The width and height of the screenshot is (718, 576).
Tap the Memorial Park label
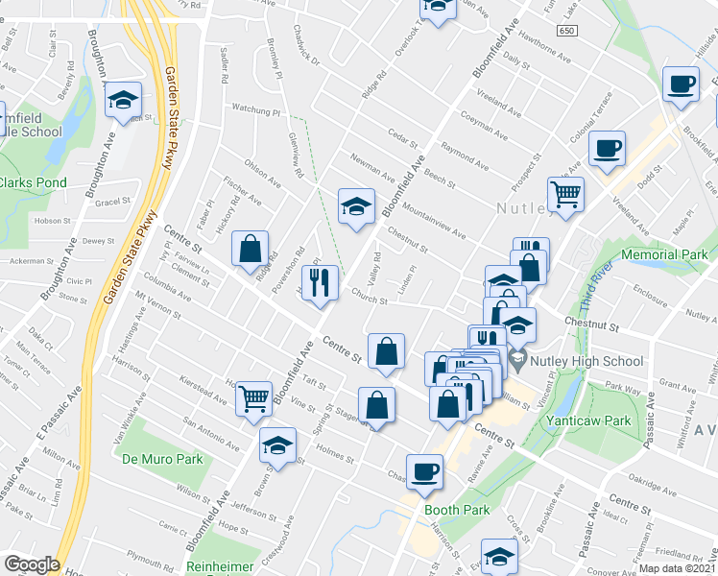pos(663,254)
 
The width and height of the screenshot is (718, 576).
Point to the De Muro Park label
pos(162,459)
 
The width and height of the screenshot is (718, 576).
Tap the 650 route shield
pos(568,31)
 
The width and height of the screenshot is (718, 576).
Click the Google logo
pos(32,564)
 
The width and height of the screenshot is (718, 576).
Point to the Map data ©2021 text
pos(677,568)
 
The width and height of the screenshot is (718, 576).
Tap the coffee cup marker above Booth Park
pos(424,470)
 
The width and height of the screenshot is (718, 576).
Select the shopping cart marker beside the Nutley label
pos(566,193)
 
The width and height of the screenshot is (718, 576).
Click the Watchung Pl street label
pos(252,110)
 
